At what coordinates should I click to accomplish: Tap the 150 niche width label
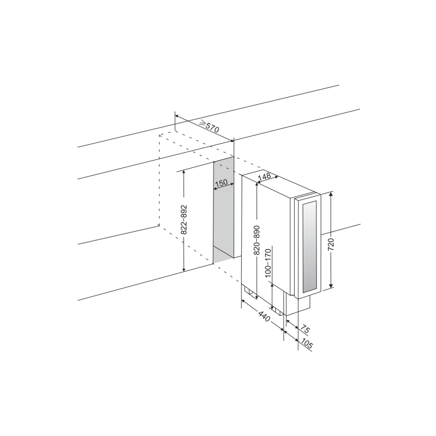point(221,183)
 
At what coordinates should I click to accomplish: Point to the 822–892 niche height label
point(184,220)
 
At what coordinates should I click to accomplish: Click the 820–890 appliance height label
point(256,240)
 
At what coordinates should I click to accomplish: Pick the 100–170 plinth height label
point(268,263)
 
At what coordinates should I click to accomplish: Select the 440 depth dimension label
point(264,317)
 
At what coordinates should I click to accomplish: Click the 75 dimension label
point(305,330)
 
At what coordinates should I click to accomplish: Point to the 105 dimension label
point(307,344)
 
